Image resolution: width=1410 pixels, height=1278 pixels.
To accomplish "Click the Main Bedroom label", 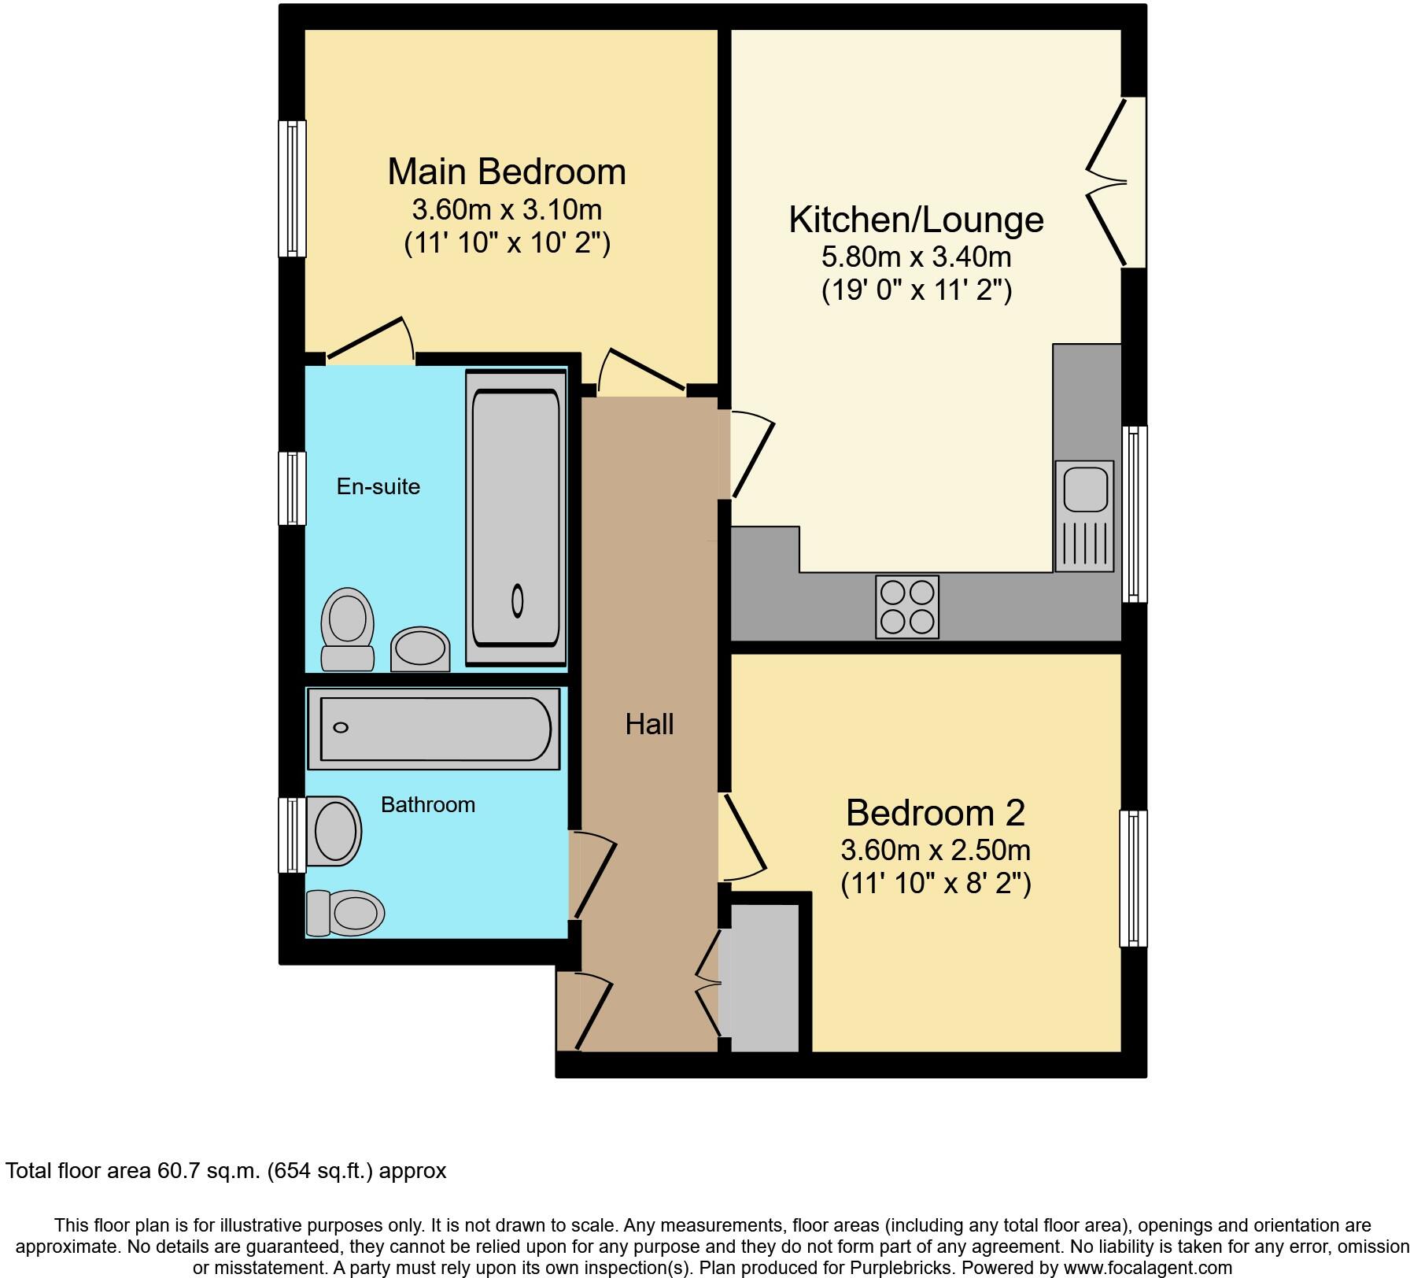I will point(507,172).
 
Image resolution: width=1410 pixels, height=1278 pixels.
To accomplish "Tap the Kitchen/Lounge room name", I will point(916,220).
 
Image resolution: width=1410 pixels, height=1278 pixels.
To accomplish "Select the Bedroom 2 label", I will point(935,813).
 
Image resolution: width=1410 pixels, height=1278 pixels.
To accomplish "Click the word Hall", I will point(649,724).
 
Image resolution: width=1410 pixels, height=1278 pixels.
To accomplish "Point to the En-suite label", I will point(378,486).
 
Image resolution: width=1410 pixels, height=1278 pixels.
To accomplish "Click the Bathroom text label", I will point(427,804).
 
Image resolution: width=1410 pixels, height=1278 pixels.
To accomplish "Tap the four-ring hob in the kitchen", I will point(906,607).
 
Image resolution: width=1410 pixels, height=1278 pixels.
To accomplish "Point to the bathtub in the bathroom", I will point(434,728).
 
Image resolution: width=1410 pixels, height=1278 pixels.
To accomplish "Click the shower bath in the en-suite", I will point(516,518).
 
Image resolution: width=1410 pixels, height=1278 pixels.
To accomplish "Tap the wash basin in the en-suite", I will point(420,649).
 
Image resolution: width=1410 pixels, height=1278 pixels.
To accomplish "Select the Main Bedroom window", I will point(292,188).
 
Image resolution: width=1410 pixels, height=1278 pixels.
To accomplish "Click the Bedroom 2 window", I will point(1133,878).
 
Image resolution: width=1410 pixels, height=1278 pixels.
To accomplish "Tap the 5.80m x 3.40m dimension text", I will point(916,257).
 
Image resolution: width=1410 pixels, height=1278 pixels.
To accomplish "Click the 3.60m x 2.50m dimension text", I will point(935,851).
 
